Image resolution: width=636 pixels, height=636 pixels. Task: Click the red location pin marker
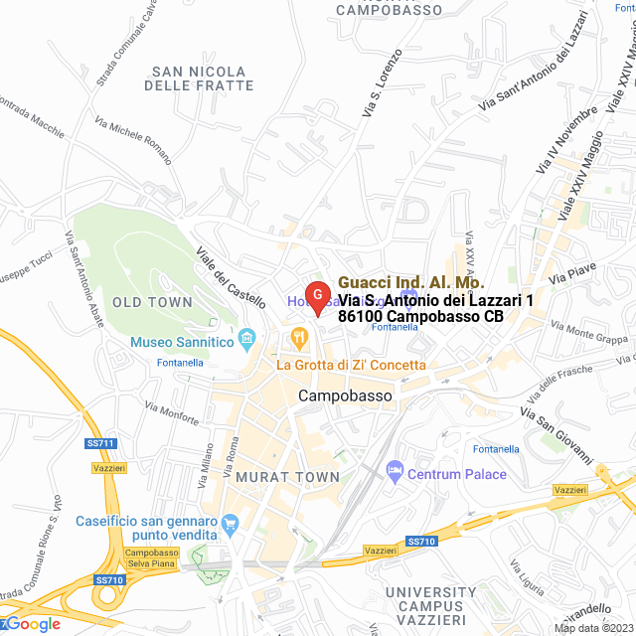pyautogui.click(x=317, y=296)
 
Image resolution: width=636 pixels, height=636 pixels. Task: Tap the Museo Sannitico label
pyautogui.click(x=182, y=343)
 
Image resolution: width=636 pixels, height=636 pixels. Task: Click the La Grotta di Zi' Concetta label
pyautogui.click(x=351, y=365)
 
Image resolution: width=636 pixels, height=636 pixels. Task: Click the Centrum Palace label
pyautogui.click(x=457, y=473)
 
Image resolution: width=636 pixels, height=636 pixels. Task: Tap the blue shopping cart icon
pyautogui.click(x=232, y=522)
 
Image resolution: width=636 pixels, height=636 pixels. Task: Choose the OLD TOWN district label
pyautogui.click(x=152, y=302)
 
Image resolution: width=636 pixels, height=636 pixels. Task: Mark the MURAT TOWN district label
pyautogui.click(x=288, y=478)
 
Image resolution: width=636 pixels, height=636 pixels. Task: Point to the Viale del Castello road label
pyautogui.click(x=232, y=276)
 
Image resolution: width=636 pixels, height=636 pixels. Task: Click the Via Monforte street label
pyautogui.click(x=171, y=410)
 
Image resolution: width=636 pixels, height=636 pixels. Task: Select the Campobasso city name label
pyautogui.click(x=345, y=396)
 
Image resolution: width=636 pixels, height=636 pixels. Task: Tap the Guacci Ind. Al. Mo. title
pyautogui.click(x=411, y=282)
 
